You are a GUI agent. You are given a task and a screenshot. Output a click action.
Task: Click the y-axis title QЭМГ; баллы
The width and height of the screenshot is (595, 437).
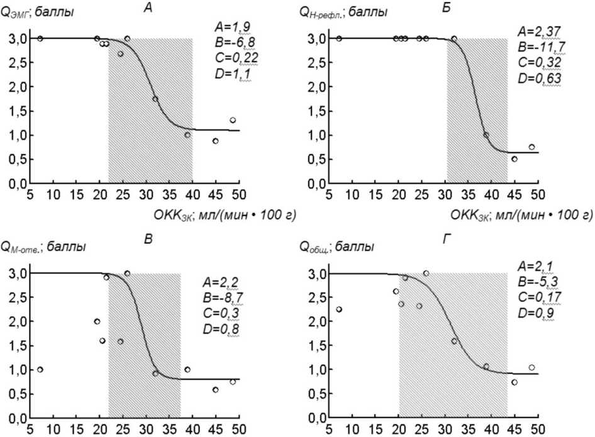click(x=38, y=12)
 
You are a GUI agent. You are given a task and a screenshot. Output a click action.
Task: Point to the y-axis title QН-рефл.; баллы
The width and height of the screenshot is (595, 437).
click(x=343, y=12)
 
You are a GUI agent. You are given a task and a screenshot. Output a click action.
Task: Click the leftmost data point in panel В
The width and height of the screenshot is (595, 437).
click(x=40, y=369)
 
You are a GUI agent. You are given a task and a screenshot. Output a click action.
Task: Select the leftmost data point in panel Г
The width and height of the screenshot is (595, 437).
click(x=339, y=309)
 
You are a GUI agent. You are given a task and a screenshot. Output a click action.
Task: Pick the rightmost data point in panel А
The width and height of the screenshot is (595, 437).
click(x=233, y=120)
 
